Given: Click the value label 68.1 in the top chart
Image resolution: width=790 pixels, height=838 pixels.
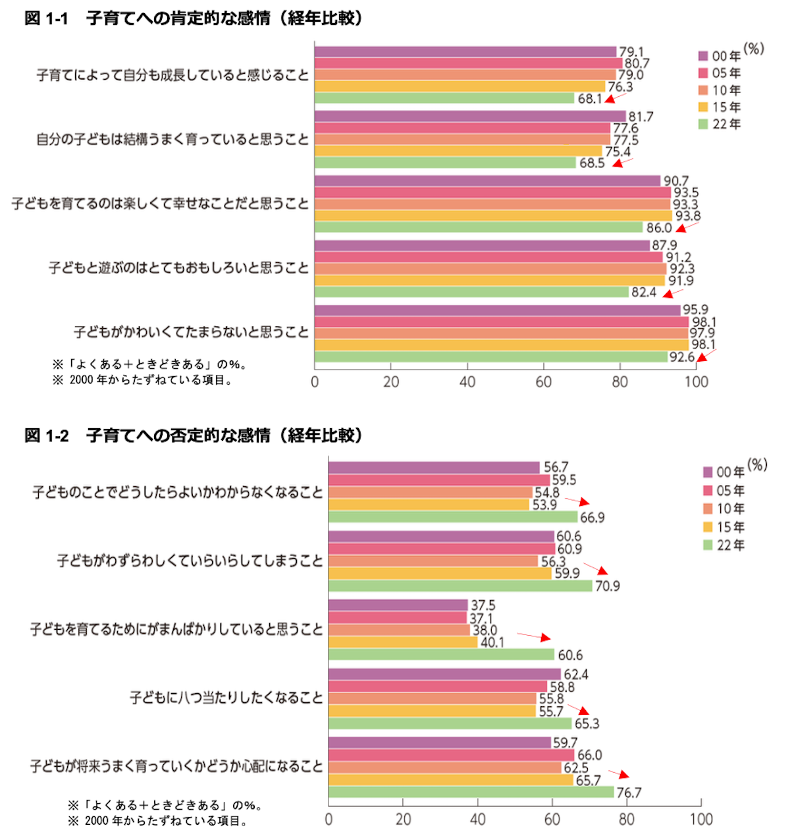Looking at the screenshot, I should click(x=589, y=99).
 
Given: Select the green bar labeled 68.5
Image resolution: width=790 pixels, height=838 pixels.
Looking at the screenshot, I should click(x=445, y=163).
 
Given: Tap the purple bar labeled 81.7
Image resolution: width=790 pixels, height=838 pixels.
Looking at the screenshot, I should click(x=470, y=117).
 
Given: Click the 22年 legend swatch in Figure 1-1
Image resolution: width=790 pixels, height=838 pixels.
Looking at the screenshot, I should click(x=703, y=125).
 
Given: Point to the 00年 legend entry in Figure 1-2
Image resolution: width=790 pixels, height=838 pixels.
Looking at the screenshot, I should click(x=724, y=472).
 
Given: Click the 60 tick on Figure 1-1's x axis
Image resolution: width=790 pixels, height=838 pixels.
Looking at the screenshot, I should click(x=543, y=382).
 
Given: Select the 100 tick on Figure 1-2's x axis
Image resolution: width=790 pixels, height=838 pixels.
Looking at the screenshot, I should click(x=701, y=820).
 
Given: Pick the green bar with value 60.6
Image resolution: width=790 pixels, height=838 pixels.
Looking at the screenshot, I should click(x=441, y=655).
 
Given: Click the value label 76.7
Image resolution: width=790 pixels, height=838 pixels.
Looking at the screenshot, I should click(x=629, y=793).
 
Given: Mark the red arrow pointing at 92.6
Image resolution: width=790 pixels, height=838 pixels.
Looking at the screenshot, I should click(x=706, y=355).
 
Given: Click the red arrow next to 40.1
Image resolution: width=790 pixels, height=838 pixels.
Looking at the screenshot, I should click(x=534, y=636).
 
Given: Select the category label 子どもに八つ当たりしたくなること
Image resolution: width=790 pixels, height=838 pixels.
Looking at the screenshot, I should click(x=226, y=698).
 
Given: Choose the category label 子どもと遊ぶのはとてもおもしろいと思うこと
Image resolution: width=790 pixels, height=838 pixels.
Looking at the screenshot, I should click(x=178, y=268).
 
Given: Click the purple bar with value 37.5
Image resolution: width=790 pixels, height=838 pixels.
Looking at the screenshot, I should click(x=398, y=605).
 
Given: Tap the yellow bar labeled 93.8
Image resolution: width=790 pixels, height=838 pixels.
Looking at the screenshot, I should click(x=492, y=216).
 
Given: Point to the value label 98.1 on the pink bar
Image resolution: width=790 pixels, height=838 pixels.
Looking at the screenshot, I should click(x=703, y=322).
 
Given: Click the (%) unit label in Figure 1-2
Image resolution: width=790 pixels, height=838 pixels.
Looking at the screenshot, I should click(x=757, y=465).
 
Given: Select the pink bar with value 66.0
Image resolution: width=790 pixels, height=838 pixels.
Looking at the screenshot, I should click(x=451, y=755).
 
